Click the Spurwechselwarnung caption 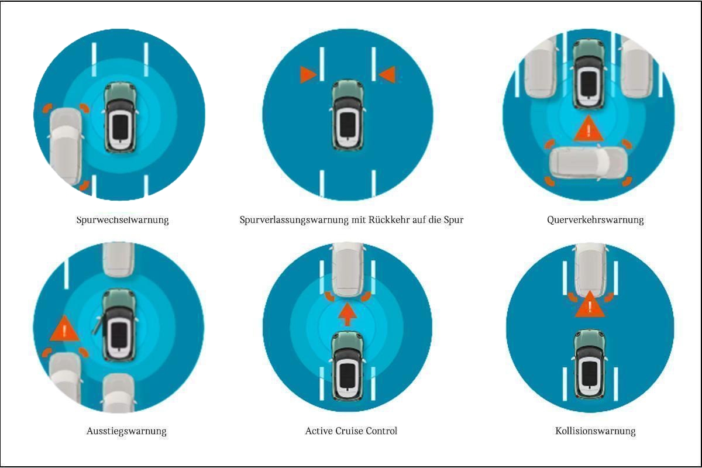[x=122, y=220]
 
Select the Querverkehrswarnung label [x=595, y=220]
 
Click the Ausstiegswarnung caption [x=126, y=431]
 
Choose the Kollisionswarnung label [x=596, y=431]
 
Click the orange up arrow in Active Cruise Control [x=347, y=314]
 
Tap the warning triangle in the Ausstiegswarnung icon [x=64, y=329]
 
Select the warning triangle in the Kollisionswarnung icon [x=590, y=304]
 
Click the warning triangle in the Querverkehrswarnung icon [x=589, y=129]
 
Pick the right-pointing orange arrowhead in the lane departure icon [x=308, y=75]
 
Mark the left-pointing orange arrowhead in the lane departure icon [x=387, y=75]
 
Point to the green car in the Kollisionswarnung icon [x=590, y=364]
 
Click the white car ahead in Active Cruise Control [x=348, y=270]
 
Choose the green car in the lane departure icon [x=347, y=115]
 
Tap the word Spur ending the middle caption [x=453, y=220]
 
